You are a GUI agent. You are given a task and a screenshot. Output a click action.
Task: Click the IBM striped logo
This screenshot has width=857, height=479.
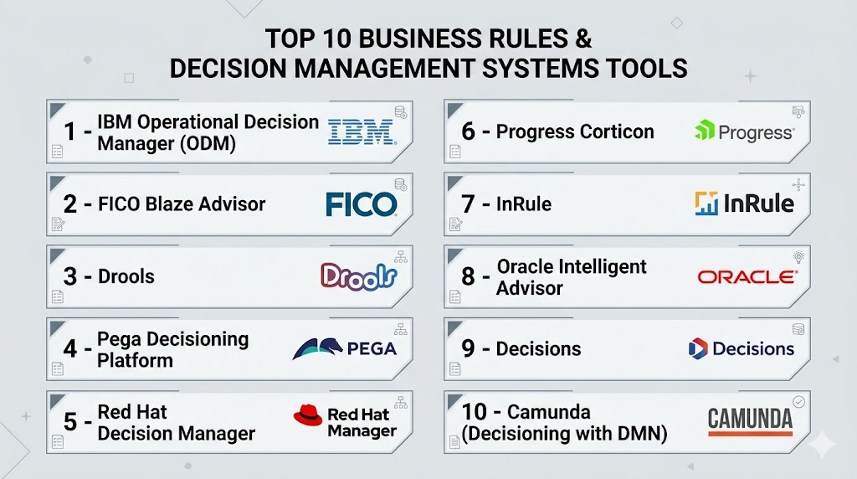[362, 133]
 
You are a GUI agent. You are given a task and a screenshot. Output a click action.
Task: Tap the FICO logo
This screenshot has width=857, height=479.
[362, 204]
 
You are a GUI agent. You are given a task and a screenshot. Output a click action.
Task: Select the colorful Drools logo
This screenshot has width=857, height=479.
[358, 276]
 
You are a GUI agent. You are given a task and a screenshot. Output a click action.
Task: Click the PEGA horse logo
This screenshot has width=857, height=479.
[317, 349]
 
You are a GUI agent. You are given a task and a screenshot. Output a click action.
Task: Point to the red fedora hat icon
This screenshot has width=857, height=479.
[308, 415]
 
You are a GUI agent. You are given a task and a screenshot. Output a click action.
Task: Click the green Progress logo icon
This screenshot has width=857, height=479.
[705, 130]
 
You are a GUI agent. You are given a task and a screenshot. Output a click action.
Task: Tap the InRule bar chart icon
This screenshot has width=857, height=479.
[706, 203]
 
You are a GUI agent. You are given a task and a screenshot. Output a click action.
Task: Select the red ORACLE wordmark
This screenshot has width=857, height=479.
[747, 277]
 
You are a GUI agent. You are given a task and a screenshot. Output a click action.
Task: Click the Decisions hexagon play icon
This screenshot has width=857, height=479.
[698, 349]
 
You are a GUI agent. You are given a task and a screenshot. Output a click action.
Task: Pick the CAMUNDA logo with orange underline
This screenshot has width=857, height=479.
[750, 421]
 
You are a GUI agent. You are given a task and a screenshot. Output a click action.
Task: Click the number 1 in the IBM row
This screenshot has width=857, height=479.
[69, 131]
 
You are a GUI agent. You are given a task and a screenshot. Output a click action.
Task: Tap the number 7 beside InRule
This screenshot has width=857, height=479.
[468, 204]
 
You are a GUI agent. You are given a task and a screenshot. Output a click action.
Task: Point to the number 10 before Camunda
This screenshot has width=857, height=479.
[474, 412]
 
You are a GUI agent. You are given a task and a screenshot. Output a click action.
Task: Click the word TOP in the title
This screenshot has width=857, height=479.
[290, 39]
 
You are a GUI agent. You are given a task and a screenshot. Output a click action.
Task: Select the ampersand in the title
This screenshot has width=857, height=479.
[583, 39]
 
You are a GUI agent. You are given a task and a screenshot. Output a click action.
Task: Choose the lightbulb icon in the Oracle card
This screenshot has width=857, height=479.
[798, 256]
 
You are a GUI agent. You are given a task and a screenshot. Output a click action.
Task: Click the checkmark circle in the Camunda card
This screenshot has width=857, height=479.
[798, 402]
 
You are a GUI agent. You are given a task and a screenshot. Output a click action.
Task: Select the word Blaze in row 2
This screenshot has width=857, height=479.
[167, 204]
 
